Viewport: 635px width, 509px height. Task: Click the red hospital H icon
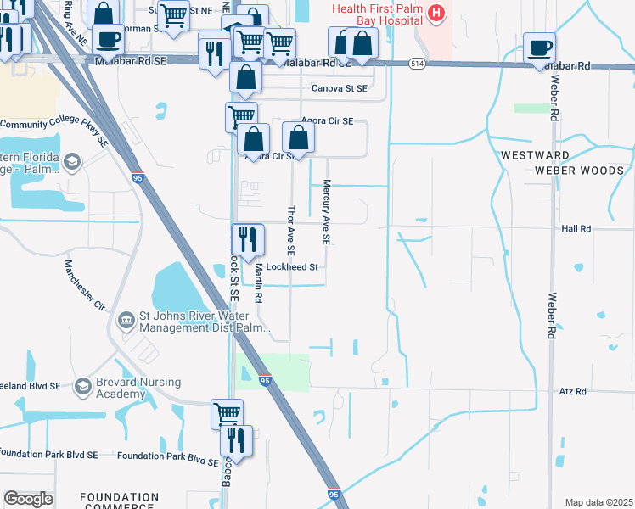click(x=436, y=13)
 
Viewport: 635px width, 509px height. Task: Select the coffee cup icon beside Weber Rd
click(x=538, y=48)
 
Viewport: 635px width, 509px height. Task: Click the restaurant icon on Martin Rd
click(x=247, y=240)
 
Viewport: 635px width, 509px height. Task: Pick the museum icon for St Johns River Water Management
click(x=126, y=321)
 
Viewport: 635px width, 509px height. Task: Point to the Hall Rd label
click(x=576, y=229)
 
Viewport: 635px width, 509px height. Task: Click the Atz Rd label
click(x=573, y=391)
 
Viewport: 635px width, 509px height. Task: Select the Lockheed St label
click(x=291, y=266)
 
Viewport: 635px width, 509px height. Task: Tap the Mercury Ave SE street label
click(x=324, y=217)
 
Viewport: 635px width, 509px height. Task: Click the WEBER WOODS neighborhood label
click(x=579, y=171)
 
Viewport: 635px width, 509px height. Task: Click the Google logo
click(x=28, y=499)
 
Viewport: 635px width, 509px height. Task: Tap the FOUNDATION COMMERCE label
click(x=119, y=502)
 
